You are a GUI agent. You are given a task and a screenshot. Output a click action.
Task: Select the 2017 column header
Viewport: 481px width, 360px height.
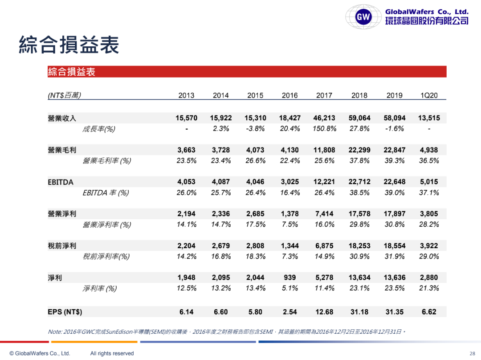pos(324,95)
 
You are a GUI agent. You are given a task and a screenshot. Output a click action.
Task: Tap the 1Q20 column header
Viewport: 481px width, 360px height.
pos(429,95)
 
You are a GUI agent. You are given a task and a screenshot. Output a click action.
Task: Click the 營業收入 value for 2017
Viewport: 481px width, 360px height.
pos(325,118)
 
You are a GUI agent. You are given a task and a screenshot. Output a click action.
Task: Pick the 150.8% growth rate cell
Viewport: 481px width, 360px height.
pos(324,129)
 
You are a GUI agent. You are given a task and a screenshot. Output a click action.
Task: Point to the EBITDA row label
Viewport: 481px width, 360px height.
pos(61,182)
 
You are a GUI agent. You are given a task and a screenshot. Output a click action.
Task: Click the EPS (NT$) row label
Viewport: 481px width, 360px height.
pos(65,312)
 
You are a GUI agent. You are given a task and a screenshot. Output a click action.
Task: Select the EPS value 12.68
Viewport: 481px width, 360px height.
pos(324,312)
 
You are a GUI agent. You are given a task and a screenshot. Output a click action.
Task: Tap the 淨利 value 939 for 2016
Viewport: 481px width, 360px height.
pos(290,278)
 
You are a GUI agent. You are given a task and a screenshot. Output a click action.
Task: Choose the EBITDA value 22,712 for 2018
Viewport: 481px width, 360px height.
pos(359,182)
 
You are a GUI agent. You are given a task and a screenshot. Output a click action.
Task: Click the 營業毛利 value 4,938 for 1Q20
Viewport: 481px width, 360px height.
pos(429,150)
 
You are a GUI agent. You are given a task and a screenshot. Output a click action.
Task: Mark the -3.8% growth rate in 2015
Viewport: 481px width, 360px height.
pos(255,129)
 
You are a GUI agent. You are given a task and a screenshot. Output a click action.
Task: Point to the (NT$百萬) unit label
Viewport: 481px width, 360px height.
pos(64,95)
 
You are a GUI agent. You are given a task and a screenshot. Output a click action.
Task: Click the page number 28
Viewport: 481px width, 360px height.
pos(473,353)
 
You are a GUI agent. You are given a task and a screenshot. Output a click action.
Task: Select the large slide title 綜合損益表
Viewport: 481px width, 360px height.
pos(69,45)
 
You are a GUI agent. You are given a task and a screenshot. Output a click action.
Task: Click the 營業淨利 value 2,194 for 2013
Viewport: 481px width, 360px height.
pos(186,214)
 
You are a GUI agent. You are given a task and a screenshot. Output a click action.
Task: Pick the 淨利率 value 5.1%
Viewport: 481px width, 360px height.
pos(290,288)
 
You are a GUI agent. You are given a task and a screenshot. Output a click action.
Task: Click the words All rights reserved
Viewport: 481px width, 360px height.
pos(112,353)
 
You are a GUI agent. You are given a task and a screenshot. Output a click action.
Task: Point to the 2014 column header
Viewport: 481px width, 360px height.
pos(221,95)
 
